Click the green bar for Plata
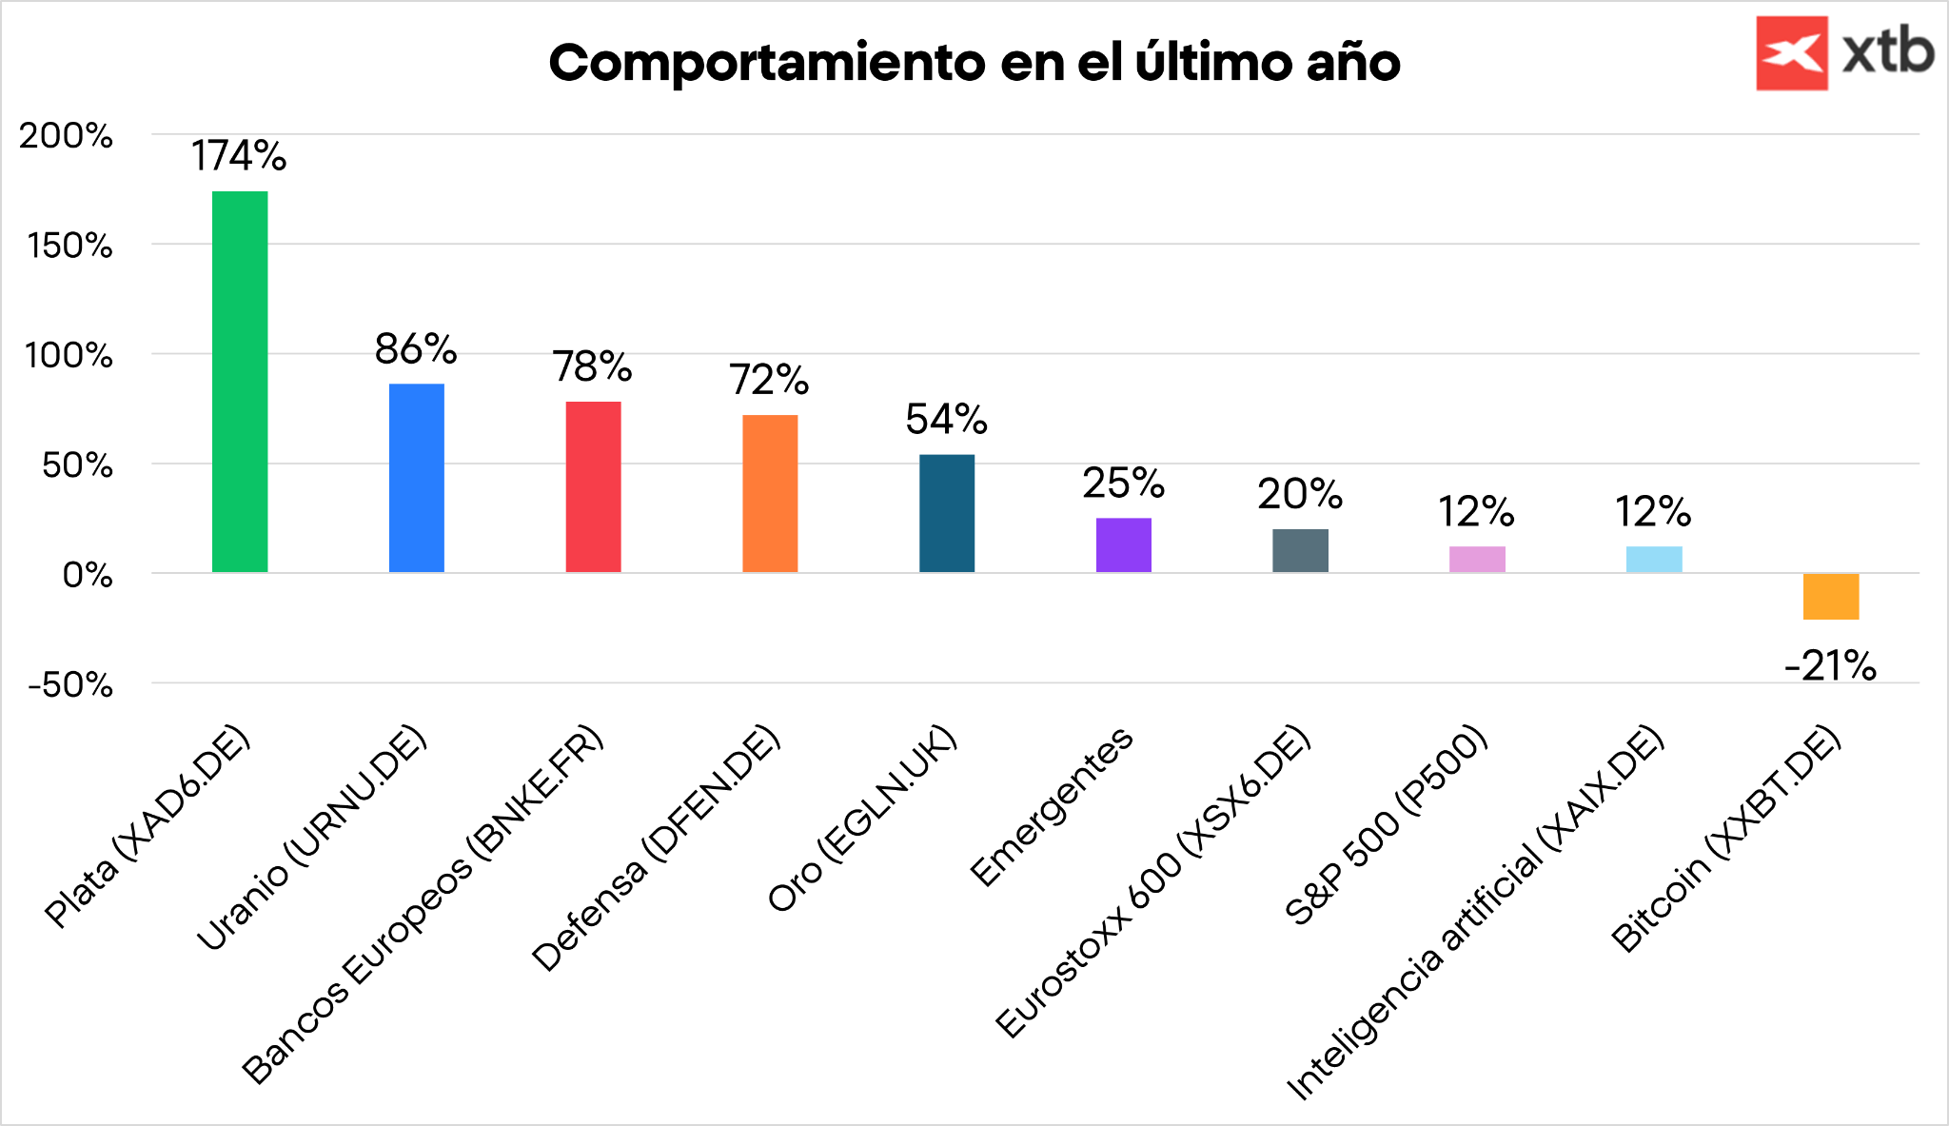tap(240, 381)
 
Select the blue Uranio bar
tap(417, 478)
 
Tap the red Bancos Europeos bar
tap(593, 486)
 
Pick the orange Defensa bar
tap(770, 493)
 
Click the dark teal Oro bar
tap(947, 513)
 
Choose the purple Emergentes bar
tap(1123, 544)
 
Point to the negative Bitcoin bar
tap(1830, 597)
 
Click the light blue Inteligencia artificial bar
tap(1654, 559)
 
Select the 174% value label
tap(239, 156)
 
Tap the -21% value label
tap(1830, 666)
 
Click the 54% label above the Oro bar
tap(947, 419)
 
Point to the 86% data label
tap(416, 349)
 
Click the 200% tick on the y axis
tap(67, 136)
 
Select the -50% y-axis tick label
tap(71, 684)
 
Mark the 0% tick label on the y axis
tap(88, 575)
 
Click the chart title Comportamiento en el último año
tap(974, 63)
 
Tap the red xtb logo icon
tap(1791, 53)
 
